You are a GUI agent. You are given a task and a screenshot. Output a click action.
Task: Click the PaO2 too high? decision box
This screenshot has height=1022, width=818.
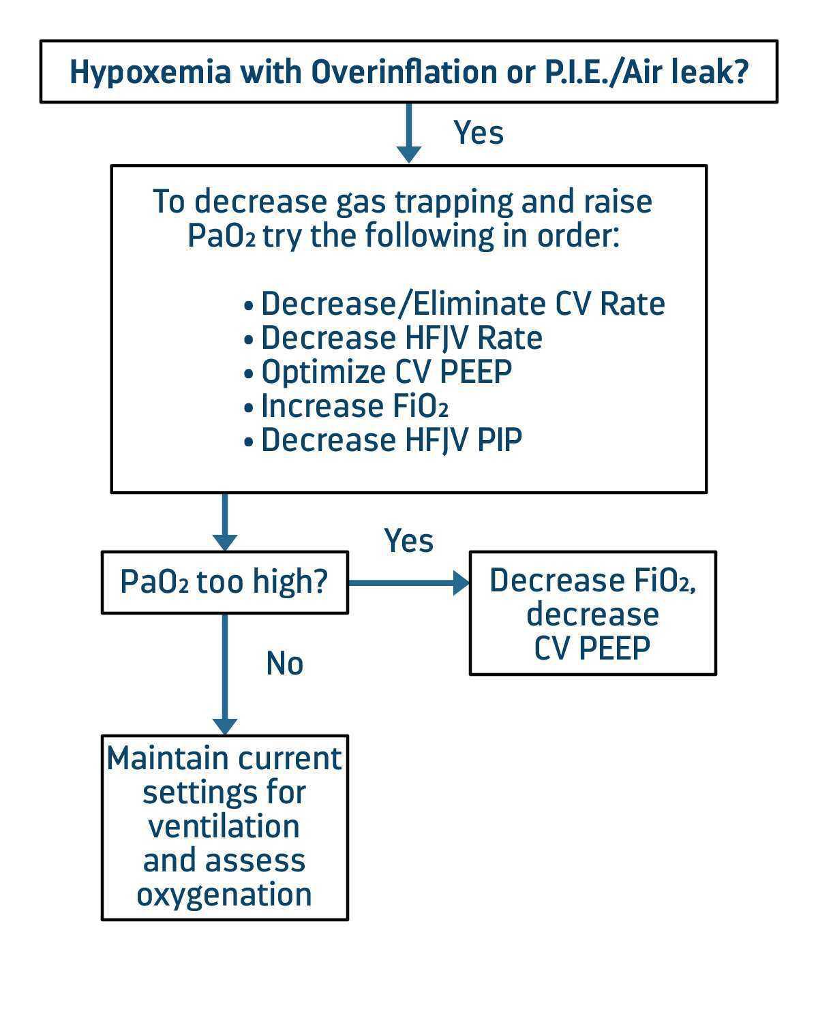[224, 583]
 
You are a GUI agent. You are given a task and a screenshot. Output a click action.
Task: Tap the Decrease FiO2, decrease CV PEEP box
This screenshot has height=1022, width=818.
[592, 613]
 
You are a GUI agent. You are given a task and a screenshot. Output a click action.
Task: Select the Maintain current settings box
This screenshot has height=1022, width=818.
[224, 827]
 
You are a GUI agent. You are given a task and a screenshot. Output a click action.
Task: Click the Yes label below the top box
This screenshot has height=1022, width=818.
[479, 132]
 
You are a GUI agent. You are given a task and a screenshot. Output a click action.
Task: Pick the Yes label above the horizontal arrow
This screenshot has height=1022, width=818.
[409, 541]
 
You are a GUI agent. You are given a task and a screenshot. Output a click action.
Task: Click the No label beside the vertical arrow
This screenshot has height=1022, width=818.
[284, 663]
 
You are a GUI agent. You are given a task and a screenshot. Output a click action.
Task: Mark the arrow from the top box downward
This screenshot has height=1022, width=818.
[408, 133]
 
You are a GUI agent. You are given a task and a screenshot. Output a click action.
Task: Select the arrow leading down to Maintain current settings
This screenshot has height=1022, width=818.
[224, 675]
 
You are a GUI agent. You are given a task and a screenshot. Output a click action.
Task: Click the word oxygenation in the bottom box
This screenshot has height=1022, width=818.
[224, 894]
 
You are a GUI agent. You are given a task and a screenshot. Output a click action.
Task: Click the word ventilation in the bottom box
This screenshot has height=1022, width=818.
[224, 826]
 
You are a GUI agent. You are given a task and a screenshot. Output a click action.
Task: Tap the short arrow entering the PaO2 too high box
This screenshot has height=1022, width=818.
[224, 522]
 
